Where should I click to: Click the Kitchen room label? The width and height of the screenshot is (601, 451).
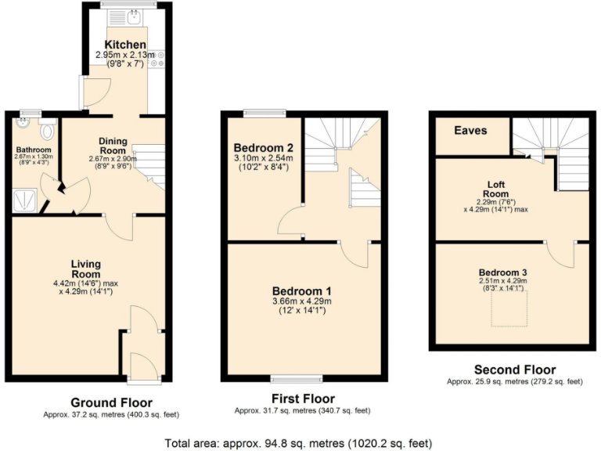[124, 45]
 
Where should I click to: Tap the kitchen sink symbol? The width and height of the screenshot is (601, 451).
[133, 16]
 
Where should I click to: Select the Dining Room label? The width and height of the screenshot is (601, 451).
[113, 146]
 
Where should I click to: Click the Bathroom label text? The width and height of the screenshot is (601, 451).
[33, 150]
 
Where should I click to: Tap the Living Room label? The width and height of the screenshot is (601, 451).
[86, 269]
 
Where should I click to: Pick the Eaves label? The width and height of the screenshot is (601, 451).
[470, 131]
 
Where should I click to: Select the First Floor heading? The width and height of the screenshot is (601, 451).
[302, 397]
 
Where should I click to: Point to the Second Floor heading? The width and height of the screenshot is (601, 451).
[514, 370]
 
